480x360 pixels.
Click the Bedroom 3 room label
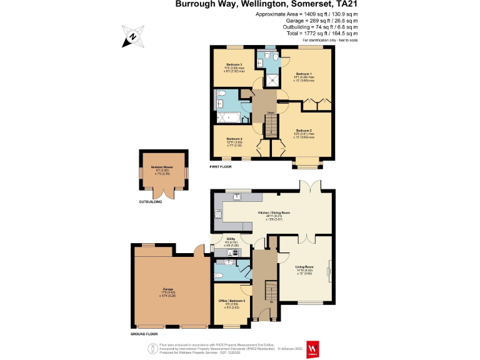pyautogui.click(x=234, y=64)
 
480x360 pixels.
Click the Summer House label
pyautogui.click(x=161, y=167)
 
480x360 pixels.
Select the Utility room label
pyautogui.click(x=231, y=238)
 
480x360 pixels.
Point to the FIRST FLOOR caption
pyautogui.click(x=221, y=167)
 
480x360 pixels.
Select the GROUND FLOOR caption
pyautogui.click(x=143, y=334)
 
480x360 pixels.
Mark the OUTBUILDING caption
pyautogui.click(x=151, y=202)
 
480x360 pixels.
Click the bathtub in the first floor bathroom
pyautogui.click(x=224, y=116)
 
